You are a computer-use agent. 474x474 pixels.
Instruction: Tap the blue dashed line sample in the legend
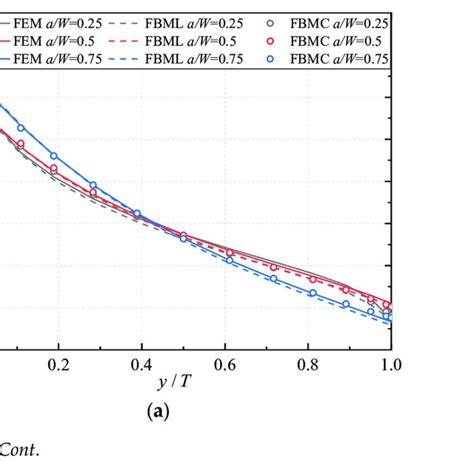tap(130, 59)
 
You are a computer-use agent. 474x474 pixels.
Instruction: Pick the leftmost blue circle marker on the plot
tap(21, 128)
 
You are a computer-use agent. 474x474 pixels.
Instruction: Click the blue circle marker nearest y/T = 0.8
tap(312, 293)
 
